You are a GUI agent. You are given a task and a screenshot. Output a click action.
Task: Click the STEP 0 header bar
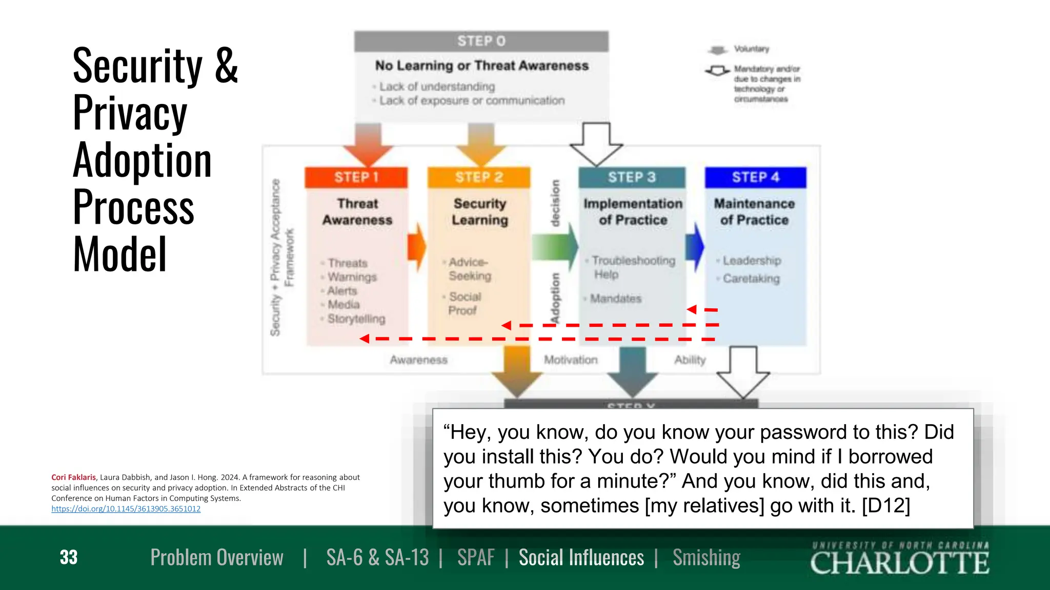(481, 41)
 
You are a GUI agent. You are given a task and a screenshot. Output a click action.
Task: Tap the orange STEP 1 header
(356, 177)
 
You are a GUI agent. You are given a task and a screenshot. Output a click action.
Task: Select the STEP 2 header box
(479, 177)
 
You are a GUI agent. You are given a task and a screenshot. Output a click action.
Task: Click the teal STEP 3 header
(632, 177)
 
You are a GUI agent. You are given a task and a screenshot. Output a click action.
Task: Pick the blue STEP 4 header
(755, 177)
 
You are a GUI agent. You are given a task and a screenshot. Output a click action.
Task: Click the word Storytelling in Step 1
(356, 319)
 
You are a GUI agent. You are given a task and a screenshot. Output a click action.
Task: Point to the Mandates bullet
(616, 299)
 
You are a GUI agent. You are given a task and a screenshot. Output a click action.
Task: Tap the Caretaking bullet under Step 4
(751, 279)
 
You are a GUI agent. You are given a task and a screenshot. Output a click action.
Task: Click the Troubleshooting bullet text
(633, 261)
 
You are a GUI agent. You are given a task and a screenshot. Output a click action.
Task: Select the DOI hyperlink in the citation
(126, 509)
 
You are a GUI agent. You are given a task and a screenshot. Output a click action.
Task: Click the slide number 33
(69, 557)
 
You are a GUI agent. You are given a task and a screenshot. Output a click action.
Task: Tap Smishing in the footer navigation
(706, 557)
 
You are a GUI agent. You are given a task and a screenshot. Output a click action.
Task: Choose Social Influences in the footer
(581, 557)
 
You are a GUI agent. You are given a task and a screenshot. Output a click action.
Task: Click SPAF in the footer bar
(476, 557)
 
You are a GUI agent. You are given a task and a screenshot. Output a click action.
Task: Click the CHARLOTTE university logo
(900, 559)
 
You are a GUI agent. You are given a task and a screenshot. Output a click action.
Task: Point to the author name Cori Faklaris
(73, 477)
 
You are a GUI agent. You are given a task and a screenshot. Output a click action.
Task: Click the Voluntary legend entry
(751, 49)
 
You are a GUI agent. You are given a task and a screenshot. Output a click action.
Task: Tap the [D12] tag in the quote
(885, 505)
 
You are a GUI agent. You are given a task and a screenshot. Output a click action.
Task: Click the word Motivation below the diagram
(571, 360)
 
